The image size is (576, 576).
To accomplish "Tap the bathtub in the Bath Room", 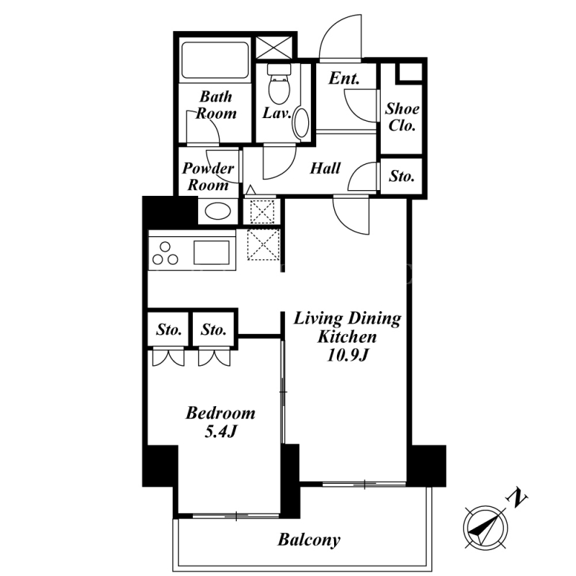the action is click(215, 60).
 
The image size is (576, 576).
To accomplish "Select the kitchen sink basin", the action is click(211, 252).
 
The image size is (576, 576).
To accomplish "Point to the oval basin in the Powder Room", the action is click(217, 211).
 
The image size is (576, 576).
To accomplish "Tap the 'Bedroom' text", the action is click(220, 413).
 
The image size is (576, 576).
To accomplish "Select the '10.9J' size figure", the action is click(347, 355).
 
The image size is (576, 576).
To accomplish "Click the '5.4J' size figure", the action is click(220, 431).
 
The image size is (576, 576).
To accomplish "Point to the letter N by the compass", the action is click(517, 498).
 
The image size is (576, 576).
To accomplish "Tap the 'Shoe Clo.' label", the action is click(402, 117).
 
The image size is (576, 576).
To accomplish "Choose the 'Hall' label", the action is click(325, 168).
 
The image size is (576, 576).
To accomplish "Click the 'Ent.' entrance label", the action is click(344, 78).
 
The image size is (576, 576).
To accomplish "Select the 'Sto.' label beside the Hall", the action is click(402, 176).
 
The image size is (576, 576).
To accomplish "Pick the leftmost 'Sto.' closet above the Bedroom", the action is click(168, 330).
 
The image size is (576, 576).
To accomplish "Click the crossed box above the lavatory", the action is click(274, 47).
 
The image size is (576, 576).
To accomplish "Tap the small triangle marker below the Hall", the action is click(251, 190).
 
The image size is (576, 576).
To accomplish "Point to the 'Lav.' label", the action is click(276, 113).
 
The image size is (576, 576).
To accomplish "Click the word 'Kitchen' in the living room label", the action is click(347, 337).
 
